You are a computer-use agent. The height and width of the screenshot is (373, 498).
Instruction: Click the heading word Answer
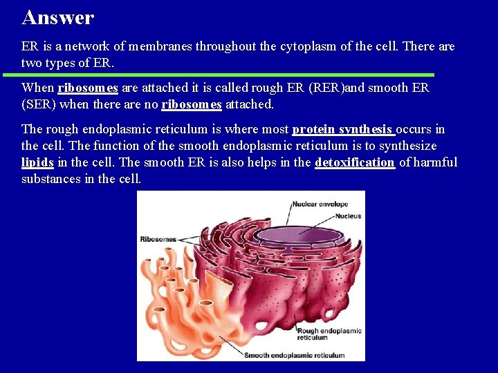tap(58, 17)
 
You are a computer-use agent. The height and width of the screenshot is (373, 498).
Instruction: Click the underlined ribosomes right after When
tap(88, 88)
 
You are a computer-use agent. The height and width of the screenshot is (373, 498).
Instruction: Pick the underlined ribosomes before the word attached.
tap(192, 104)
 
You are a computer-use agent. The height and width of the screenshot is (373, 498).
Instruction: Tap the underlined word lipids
tap(37, 162)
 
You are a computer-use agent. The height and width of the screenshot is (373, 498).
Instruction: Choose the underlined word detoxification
tap(355, 162)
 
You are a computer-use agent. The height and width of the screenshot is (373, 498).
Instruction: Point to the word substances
tap(49, 179)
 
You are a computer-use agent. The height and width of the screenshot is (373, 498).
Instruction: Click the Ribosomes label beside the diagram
tap(158, 239)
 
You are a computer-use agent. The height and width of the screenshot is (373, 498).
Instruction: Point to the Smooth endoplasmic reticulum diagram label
tap(294, 355)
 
